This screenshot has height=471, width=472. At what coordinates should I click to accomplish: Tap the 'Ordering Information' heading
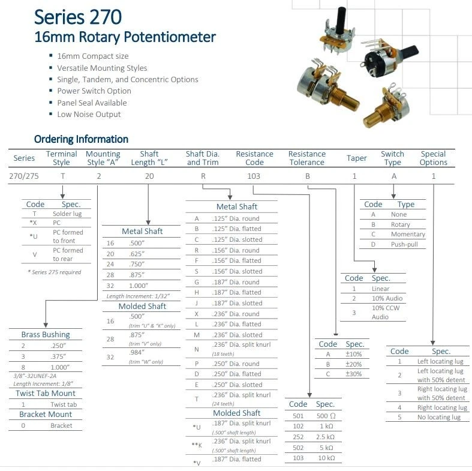tap(81, 139)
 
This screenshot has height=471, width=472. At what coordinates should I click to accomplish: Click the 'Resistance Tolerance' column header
tap(306, 158)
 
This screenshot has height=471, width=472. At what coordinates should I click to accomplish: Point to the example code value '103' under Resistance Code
tap(254, 176)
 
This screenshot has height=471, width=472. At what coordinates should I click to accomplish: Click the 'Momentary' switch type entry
tap(407, 234)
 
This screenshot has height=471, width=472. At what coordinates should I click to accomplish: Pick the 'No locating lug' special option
tap(439, 417)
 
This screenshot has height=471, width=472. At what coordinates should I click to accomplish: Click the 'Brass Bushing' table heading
tap(46, 335)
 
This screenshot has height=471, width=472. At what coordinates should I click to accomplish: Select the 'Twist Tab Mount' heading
tap(46, 394)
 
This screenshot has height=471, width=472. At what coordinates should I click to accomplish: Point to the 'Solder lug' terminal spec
tap(67, 214)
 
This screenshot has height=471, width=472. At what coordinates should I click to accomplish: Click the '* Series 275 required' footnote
tap(55, 272)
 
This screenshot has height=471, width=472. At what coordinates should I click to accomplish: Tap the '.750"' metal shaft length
tap(138, 264)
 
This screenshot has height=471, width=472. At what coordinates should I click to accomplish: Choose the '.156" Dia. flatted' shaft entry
tap(236, 260)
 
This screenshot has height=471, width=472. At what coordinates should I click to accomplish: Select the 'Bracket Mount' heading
tap(46, 415)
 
